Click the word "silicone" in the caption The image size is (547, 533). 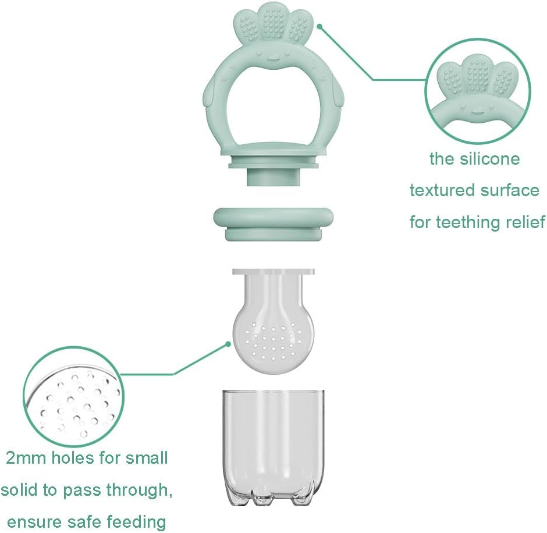pos(490,159)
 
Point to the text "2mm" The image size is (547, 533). pos(26,459)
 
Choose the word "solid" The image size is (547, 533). pos(19,490)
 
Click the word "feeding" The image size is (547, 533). pos(136,523)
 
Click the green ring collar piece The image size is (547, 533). pos(273,223)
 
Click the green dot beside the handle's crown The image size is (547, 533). pos(319,26)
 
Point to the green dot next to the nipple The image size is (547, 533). pos(228,344)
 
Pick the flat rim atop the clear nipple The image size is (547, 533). pos(273,271)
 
